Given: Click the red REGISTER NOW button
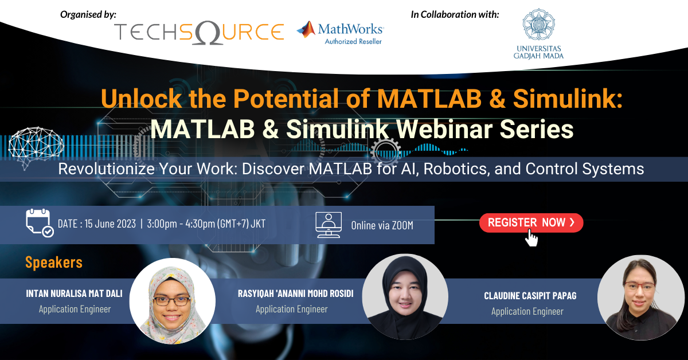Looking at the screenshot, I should pos(531,223).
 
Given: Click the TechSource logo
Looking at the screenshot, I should pos(198,32).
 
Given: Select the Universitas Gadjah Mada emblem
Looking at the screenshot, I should pos(538,24).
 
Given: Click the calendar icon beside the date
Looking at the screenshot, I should pos(40,223).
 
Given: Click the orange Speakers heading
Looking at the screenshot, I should pos(54,263).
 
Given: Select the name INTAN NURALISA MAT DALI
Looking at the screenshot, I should pos(74,294).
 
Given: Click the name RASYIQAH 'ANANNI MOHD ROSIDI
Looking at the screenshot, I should pos(295,294).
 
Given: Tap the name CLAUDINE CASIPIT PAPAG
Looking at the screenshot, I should pos(530,296).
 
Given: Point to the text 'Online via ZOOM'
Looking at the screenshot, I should pos(382,225).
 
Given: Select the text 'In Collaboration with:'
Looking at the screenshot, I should pos(455,14).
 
